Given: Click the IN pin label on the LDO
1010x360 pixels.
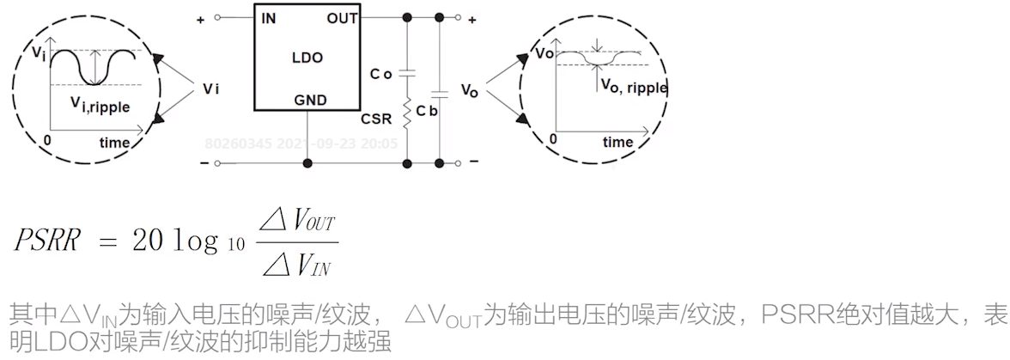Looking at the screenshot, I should [269, 18].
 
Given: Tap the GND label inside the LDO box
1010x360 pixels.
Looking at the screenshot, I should [310, 100].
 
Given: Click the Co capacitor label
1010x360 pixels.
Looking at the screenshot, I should [380, 75].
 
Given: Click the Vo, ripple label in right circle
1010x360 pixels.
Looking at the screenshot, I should [634, 86].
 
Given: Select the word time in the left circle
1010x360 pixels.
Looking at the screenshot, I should [114, 143].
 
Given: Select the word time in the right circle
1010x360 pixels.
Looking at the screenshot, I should [618, 143].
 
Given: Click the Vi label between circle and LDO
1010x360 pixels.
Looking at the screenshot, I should [211, 88].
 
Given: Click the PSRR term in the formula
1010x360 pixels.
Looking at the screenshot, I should [47, 241].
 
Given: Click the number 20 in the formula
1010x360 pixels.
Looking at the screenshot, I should [145, 241].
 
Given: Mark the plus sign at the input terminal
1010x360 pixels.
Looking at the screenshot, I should [200, 18].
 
